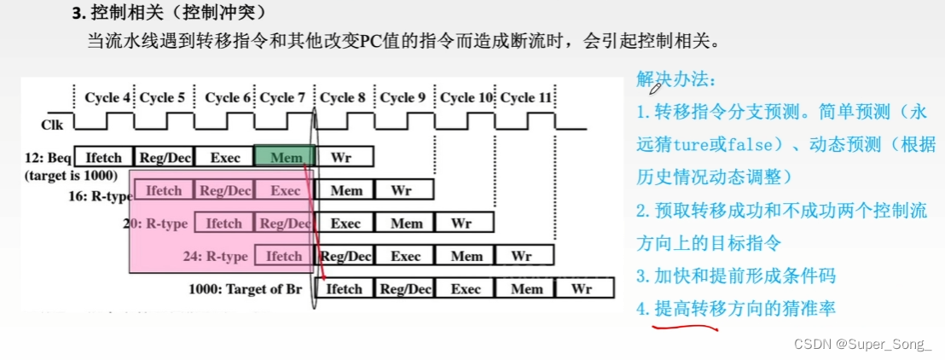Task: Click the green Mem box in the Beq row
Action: pyautogui.click(x=285, y=157)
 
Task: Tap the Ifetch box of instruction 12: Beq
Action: pyautogui.click(x=104, y=157)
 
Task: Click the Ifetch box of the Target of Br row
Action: pyautogui.click(x=345, y=289)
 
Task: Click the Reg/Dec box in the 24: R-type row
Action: pyautogui.click(x=345, y=256)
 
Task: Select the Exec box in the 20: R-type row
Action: pyautogui.click(x=345, y=224)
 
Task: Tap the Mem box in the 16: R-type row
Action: pyautogui.click(x=345, y=190)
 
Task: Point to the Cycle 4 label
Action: pyautogui.click(x=107, y=98)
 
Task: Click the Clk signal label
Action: pyautogui.click(x=53, y=125)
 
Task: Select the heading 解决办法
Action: pyautogui.click(x=677, y=80)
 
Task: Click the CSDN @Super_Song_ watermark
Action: pyautogui.click(x=862, y=343)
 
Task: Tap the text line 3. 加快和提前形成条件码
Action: pyautogui.click(x=736, y=276)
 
